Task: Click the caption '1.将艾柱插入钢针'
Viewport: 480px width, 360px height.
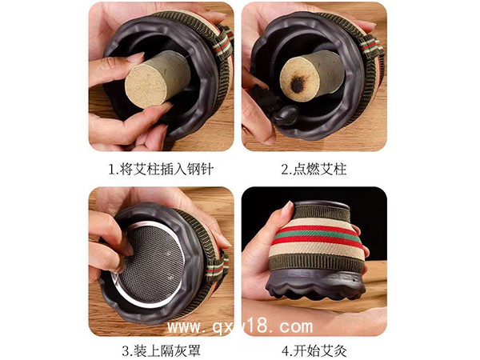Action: (x=161, y=169)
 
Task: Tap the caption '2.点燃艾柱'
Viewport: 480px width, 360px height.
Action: (x=314, y=169)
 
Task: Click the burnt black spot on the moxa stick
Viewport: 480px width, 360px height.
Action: (x=297, y=85)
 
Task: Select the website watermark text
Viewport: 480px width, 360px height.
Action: (x=240, y=326)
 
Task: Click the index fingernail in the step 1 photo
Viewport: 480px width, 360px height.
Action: (x=135, y=57)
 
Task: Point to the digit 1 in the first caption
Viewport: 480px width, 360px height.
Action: (x=112, y=170)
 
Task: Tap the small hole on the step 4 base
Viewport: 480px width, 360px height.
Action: (x=354, y=280)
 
